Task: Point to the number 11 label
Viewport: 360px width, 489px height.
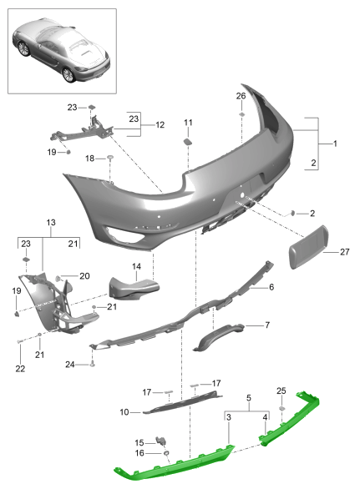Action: point(188,123)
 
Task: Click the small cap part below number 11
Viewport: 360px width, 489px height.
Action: point(188,142)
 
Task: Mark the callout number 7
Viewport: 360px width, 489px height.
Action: point(266,325)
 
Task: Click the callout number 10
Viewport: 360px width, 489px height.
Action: point(124,411)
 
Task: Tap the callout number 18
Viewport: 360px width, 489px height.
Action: point(89,158)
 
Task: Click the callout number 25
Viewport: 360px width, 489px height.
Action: point(281,391)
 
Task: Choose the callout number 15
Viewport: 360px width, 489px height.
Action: point(139,441)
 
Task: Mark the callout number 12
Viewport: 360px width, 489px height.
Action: point(159,126)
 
